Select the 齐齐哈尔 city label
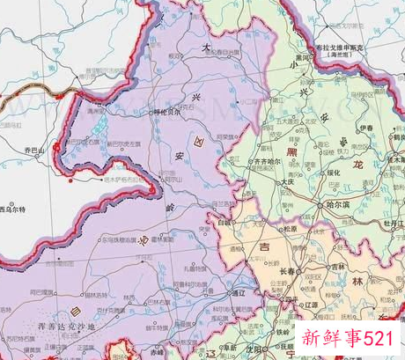coord(269,162)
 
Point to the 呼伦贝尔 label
coord(169,113)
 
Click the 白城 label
coord(227,224)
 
